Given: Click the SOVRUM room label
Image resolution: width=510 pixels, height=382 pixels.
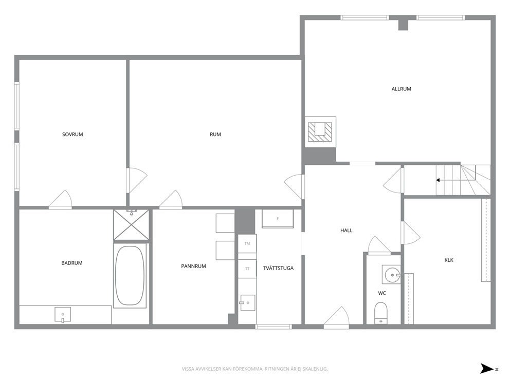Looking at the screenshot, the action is (72, 134).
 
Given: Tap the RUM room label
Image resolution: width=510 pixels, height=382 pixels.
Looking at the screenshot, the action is (215, 134).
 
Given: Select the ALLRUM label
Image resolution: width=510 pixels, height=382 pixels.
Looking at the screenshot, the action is (401, 89).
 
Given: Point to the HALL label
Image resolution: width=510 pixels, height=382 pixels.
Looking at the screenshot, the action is (347, 231).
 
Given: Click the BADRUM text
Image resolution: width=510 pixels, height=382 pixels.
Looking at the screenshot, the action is (72, 263).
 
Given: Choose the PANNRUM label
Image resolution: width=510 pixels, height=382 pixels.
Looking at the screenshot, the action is (193, 266).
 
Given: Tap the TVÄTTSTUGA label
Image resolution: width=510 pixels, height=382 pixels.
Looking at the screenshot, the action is (279, 268).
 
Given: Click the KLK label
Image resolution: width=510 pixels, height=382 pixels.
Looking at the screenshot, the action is (449, 260).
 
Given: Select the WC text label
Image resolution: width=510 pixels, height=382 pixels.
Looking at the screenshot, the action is (382, 293).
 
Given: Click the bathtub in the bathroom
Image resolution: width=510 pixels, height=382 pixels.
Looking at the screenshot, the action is (130, 275).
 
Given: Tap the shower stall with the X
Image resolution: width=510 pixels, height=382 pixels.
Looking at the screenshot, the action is (131, 225).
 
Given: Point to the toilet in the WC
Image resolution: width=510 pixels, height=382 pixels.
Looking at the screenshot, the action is (381, 313).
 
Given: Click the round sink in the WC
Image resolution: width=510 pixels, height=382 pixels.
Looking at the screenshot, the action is (393, 275).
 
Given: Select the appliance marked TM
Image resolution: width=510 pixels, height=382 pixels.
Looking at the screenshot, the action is (247, 243).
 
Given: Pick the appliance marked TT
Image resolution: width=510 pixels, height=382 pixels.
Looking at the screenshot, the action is (247, 269).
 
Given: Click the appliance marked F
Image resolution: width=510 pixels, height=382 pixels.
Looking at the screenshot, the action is (278, 219).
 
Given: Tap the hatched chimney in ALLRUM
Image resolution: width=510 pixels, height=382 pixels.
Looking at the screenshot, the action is (320, 132).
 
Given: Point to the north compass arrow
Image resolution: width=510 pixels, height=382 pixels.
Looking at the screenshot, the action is (487, 369).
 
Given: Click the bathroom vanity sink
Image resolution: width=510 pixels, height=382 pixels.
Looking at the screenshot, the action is (63, 314).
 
